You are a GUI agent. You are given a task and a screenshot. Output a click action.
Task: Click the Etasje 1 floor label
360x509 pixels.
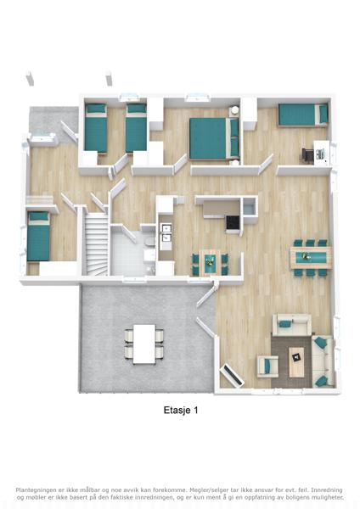click(x=181, y=410)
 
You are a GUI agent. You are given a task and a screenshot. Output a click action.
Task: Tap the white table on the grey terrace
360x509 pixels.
click(x=144, y=344)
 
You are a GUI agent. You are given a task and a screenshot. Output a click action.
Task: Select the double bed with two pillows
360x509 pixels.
click(x=215, y=138)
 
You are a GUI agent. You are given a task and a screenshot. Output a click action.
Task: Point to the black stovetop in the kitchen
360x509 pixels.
click(x=233, y=222)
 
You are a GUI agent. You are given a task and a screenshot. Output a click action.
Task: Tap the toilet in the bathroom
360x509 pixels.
click(x=150, y=242)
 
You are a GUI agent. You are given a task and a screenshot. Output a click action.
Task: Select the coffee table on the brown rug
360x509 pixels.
click(x=296, y=362)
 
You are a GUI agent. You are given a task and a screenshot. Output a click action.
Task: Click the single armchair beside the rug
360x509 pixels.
click(x=268, y=366)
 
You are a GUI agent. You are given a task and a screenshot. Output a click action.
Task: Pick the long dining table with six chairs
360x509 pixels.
click(x=311, y=257)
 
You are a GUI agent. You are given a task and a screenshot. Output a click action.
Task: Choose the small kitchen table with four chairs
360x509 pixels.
click(x=210, y=261)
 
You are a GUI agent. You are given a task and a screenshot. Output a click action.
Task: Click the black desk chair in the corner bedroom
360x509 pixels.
click(x=307, y=154)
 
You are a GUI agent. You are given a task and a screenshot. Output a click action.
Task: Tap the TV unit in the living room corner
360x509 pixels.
click(x=232, y=375)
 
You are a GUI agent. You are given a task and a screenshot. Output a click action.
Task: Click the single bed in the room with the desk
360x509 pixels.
click(x=303, y=115)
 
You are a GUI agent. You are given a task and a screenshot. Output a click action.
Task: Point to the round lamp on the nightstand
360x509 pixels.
click(x=234, y=110)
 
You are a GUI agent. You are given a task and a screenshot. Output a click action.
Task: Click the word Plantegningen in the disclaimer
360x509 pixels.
click(x=35, y=489)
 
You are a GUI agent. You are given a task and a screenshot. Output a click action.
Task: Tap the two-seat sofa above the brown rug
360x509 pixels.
click(x=292, y=324)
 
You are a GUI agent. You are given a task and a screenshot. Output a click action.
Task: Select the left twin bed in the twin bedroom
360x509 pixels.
click(x=96, y=128)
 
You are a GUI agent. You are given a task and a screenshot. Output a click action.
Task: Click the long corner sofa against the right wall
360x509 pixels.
click(x=323, y=361)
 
